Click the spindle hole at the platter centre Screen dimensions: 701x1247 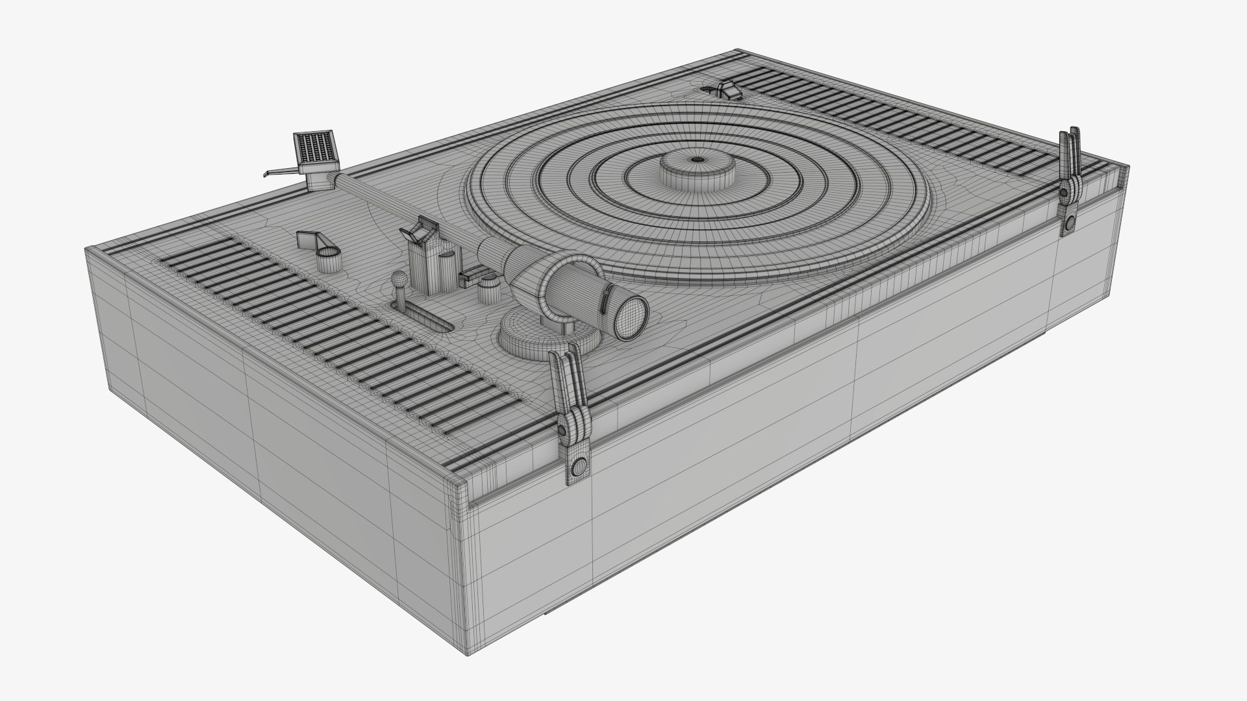pos(696,159)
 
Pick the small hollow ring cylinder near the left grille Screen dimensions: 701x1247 pos(329,258)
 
